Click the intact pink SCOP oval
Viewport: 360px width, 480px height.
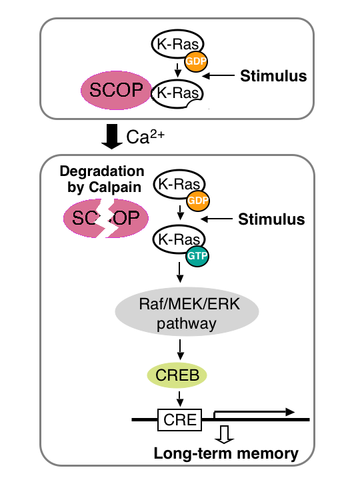point(116,90)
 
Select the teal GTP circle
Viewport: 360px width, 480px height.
point(197,255)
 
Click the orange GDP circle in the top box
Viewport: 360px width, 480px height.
point(196,61)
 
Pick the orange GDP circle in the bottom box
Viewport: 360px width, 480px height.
point(198,201)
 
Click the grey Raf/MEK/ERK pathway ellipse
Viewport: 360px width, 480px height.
point(187,311)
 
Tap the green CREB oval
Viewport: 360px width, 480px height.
point(177,375)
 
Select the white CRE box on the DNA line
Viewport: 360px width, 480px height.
point(180,420)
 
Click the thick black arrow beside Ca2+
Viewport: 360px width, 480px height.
point(112,137)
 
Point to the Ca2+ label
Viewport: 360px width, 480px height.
point(145,137)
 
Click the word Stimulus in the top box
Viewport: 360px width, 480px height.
point(273,76)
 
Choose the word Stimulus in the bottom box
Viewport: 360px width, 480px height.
point(271,219)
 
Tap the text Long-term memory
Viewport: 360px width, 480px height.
point(226,454)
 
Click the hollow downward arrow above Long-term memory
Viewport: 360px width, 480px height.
point(225,435)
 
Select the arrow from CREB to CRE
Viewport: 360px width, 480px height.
point(180,399)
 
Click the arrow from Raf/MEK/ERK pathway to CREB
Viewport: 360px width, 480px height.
point(180,349)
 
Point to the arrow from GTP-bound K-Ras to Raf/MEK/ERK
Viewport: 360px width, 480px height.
point(180,272)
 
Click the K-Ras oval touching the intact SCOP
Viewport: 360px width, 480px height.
point(177,94)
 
